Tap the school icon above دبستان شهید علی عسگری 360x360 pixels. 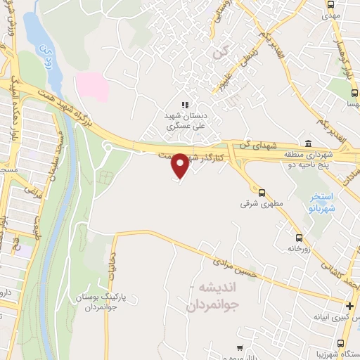click(185, 105)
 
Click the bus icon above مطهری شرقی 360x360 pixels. click(262, 192)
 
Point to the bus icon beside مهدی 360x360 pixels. click(331, 4)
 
